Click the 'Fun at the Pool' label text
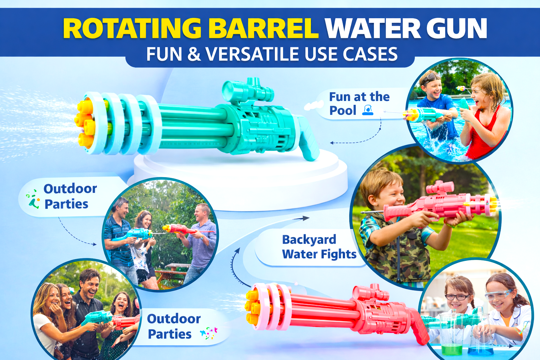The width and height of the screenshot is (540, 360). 359,103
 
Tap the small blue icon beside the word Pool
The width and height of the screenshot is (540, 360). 368,111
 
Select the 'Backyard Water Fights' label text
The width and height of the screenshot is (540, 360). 319,247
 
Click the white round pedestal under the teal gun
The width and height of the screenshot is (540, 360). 239,176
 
